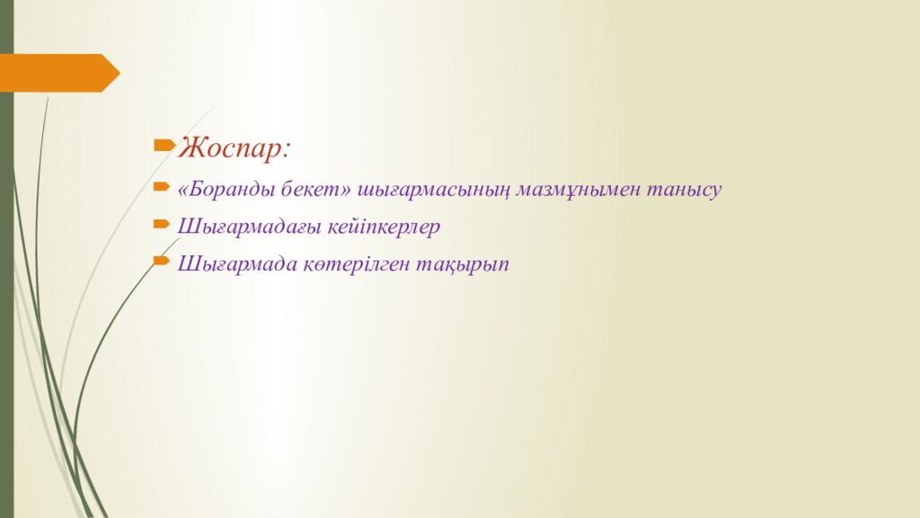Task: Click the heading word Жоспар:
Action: [x=234, y=147]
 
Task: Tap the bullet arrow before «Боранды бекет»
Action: [x=162, y=188]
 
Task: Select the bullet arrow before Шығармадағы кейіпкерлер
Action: [x=162, y=224]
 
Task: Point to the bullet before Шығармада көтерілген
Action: [x=162, y=260]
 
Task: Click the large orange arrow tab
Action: [x=54, y=73]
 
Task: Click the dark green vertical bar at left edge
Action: [x=6, y=315]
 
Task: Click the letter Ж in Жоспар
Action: [x=190, y=147]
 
